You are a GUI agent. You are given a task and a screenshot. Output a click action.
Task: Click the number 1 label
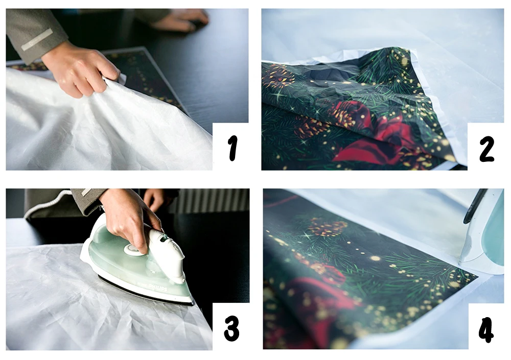(x=232, y=148)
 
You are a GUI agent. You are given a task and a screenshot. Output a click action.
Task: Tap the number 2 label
(x=486, y=149)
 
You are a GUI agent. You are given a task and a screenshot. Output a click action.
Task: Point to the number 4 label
(x=486, y=329)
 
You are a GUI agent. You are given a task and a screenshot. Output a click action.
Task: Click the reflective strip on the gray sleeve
(x=37, y=39)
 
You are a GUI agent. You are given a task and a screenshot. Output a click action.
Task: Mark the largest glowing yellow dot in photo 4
(x=375, y=258)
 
